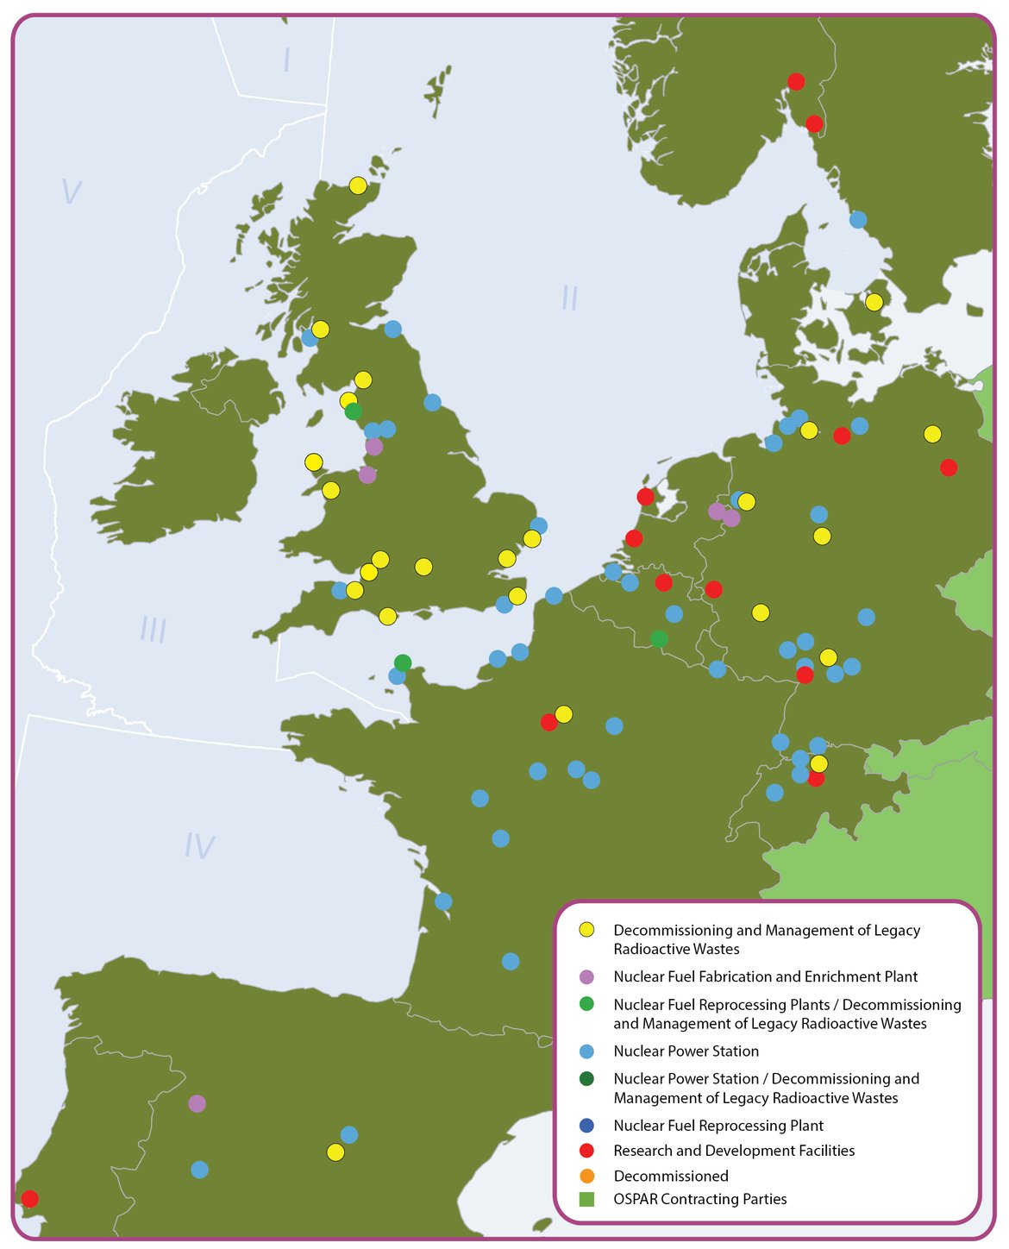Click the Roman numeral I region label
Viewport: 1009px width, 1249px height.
tap(286, 60)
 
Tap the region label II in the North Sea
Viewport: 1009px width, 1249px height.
tap(569, 298)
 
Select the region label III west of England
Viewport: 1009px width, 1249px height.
tap(154, 631)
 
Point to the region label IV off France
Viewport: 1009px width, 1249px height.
tap(199, 847)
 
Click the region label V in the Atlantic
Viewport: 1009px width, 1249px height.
tap(71, 191)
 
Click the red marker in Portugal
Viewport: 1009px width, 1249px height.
tap(29, 1198)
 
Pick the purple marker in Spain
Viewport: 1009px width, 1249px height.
tap(197, 1103)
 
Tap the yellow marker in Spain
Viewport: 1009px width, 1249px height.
tap(335, 1152)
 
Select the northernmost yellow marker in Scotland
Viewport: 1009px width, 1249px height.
tap(358, 185)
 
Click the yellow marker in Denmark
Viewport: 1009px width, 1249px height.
tap(874, 302)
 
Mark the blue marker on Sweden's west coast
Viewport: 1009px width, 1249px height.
tap(857, 219)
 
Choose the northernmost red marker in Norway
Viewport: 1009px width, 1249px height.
tap(796, 81)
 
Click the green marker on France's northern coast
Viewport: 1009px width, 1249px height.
tap(403, 662)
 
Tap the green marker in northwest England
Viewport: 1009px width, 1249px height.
tap(354, 411)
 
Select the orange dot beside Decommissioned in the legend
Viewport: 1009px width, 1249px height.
tap(586, 1176)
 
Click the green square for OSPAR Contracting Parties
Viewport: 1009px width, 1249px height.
tap(586, 1199)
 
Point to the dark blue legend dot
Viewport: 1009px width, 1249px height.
tap(586, 1126)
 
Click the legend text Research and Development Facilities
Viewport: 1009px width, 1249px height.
tap(734, 1151)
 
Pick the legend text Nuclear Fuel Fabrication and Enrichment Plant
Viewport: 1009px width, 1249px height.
tap(765, 976)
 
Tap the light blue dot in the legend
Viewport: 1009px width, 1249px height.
tap(586, 1051)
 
